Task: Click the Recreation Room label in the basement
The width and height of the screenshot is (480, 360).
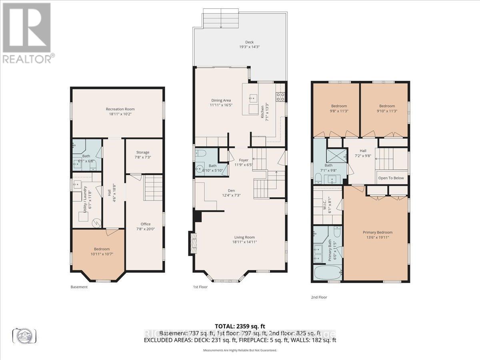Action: pyautogui.click(x=120, y=109)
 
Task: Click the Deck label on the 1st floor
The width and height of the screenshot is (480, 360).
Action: pyautogui.click(x=249, y=42)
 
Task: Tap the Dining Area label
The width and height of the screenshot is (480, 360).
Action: pyautogui.click(x=221, y=100)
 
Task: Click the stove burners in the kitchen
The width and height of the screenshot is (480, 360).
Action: pyautogui.click(x=280, y=96)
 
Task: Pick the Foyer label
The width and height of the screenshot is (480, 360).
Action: pyautogui.click(x=244, y=160)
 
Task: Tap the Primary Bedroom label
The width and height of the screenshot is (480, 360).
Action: pyautogui.click(x=377, y=232)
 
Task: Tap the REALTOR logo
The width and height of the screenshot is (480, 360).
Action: pyautogui.click(x=27, y=32)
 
